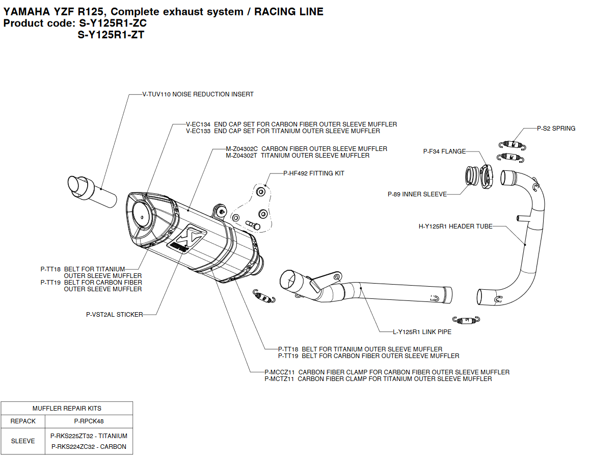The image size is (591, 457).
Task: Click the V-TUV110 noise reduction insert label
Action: coord(198,94)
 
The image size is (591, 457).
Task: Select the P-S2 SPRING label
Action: coord(556,129)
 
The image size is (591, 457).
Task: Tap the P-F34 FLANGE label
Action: coord(444,151)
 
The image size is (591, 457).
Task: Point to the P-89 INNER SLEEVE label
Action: coord(417,194)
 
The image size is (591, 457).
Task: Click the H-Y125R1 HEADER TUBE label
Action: coord(455,226)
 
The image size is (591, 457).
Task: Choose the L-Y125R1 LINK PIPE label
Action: coord(422,332)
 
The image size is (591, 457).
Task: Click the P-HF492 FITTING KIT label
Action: coord(314,173)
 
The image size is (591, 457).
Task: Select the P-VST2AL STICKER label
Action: coord(115,315)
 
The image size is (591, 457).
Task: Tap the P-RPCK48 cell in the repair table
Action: coord(89,421)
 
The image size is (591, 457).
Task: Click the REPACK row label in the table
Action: coord(23,421)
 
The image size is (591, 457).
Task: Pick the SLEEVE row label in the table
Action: coord(23,441)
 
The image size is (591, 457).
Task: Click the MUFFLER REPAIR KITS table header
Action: coord(67,408)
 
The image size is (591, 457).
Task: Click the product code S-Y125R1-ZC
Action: coord(113,23)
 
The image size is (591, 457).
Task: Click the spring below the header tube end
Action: coord(466,320)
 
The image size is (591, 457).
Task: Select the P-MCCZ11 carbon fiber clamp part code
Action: coord(280,372)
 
